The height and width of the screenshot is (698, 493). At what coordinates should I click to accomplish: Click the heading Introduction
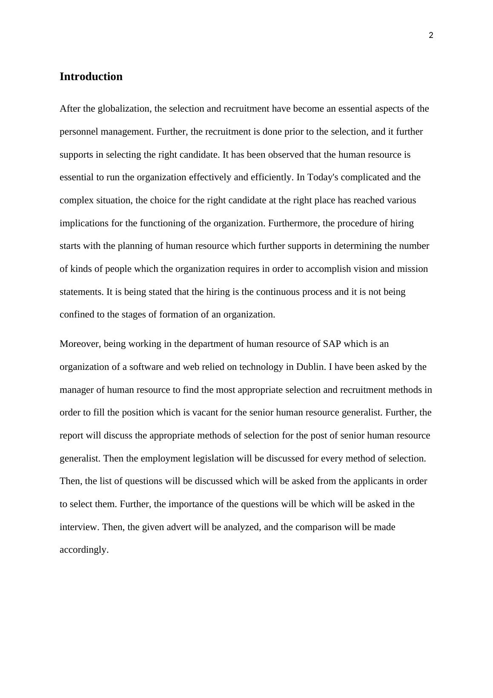91,77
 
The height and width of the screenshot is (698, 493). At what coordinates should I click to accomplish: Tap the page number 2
431,36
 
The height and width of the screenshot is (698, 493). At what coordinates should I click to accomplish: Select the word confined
77,314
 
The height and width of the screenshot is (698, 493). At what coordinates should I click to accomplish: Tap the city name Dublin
310,367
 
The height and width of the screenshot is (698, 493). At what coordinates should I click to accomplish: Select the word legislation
213,459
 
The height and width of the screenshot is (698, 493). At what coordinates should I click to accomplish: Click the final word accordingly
84,550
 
